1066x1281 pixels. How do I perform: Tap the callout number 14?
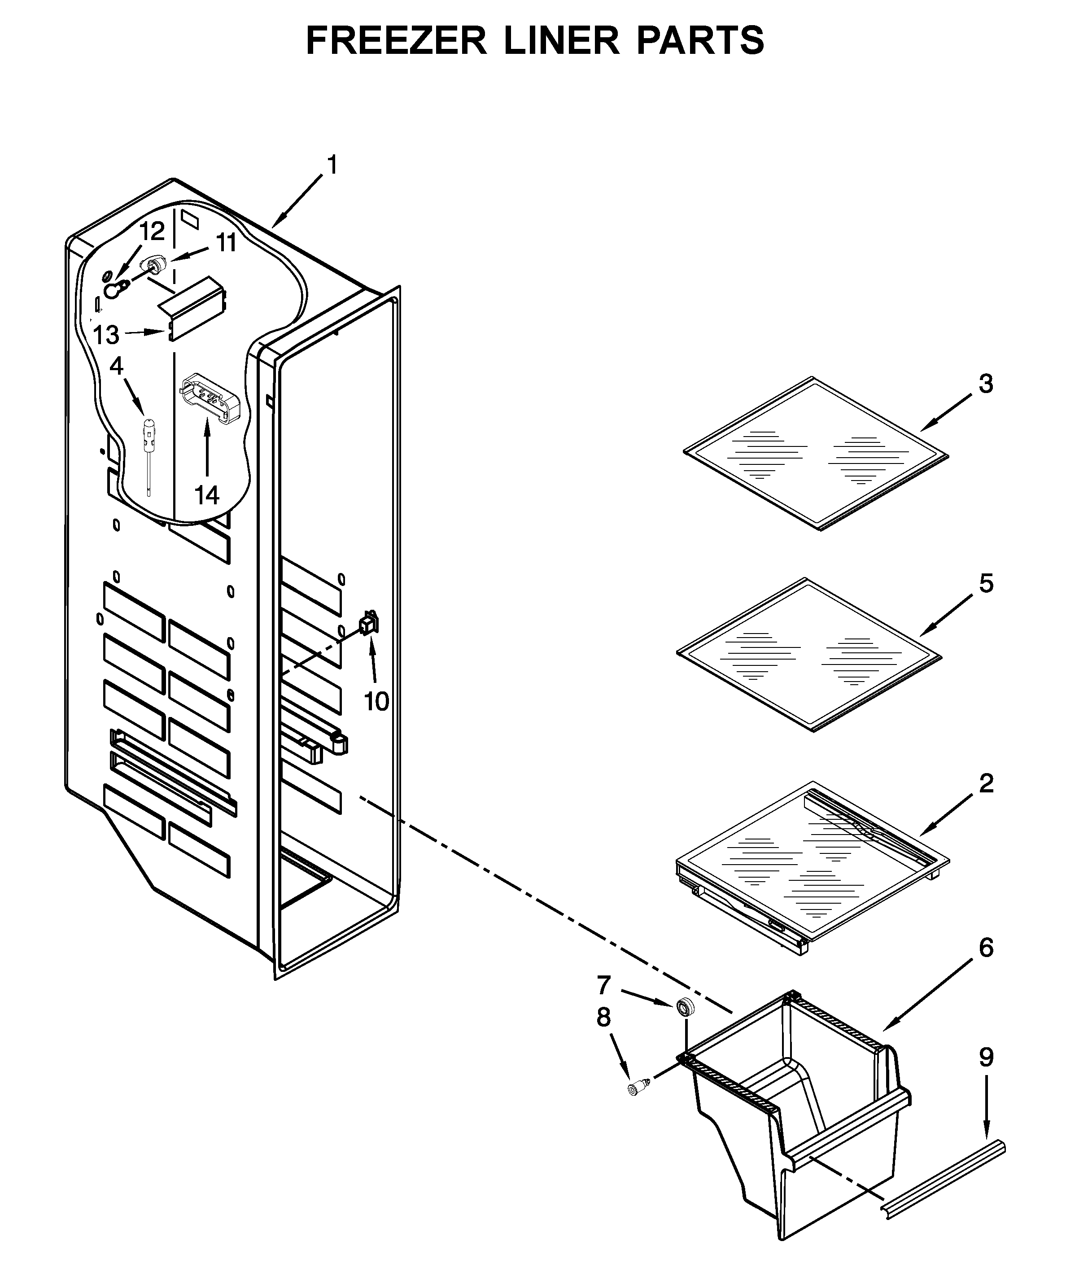[x=207, y=495]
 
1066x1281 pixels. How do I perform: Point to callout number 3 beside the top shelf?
[x=986, y=384]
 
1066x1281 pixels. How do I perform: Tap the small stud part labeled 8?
[x=638, y=1088]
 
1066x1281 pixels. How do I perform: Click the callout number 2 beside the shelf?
[x=986, y=783]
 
